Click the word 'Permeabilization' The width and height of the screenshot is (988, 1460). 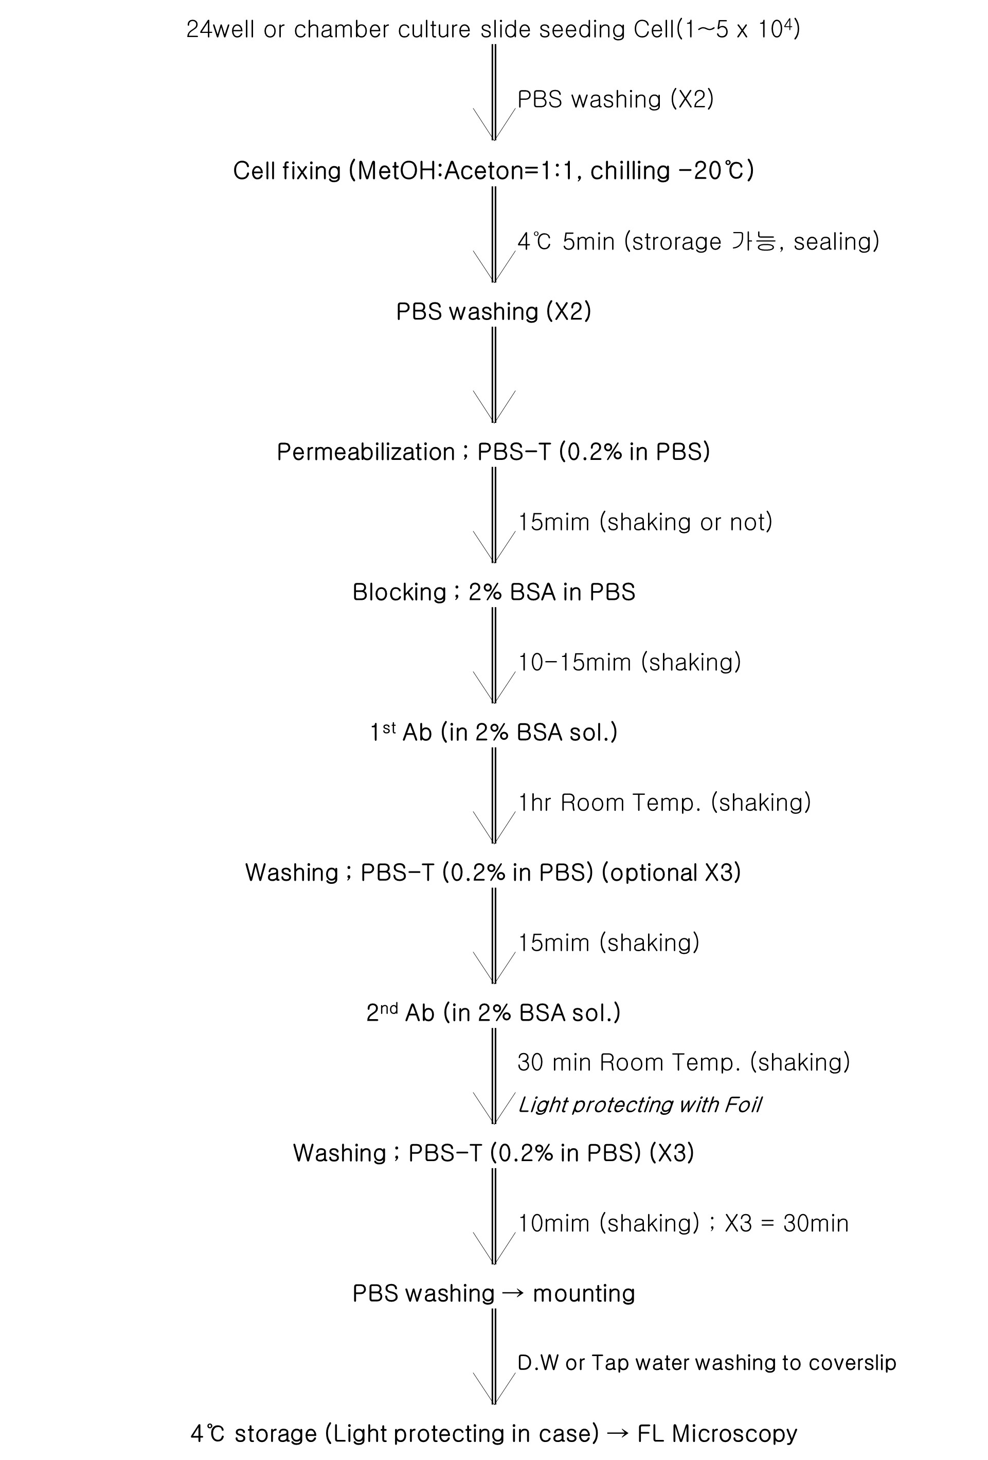(366, 452)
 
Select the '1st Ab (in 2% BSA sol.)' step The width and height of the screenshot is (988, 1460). (494, 733)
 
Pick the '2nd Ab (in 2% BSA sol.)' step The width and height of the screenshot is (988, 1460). (494, 1013)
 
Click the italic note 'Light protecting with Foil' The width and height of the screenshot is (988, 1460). (639, 1105)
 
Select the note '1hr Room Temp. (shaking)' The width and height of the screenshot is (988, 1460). (664, 803)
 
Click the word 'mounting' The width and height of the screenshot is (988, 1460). (584, 1293)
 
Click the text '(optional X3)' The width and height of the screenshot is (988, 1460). (671, 873)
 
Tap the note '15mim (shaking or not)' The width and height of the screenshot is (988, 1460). (645, 522)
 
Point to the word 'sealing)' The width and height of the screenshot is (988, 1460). (836, 242)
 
